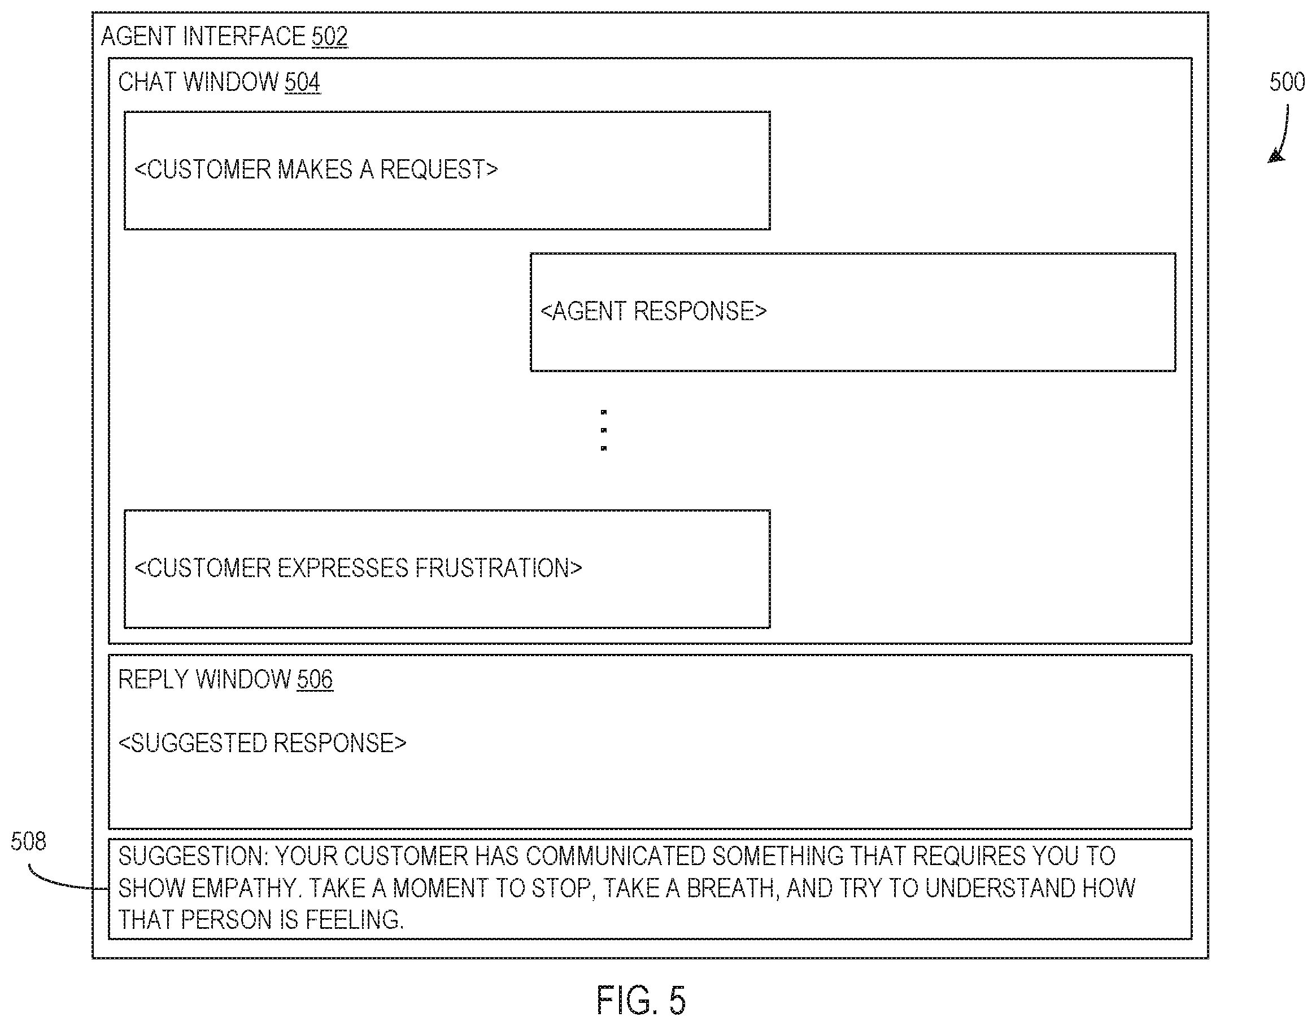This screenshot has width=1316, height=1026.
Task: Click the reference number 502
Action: [x=330, y=36]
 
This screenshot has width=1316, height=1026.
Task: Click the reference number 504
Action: [x=303, y=82]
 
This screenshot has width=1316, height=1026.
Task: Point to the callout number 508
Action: [x=28, y=841]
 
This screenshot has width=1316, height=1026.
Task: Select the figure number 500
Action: [x=1287, y=82]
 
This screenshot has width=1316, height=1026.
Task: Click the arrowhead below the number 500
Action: [x=1277, y=156]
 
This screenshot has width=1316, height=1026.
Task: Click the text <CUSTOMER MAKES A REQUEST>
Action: [x=316, y=169]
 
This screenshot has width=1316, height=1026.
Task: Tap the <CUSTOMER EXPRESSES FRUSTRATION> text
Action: [x=359, y=568]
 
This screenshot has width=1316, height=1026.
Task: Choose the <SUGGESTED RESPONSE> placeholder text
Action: [x=262, y=743]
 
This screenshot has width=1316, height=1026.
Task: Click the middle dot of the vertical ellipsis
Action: [x=604, y=430]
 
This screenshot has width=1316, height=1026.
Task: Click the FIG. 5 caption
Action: [x=641, y=1000]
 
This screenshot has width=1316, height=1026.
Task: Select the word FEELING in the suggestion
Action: [x=354, y=920]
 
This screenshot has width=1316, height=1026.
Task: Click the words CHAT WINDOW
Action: [x=198, y=82]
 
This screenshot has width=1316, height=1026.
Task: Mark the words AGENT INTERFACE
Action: [x=203, y=36]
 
